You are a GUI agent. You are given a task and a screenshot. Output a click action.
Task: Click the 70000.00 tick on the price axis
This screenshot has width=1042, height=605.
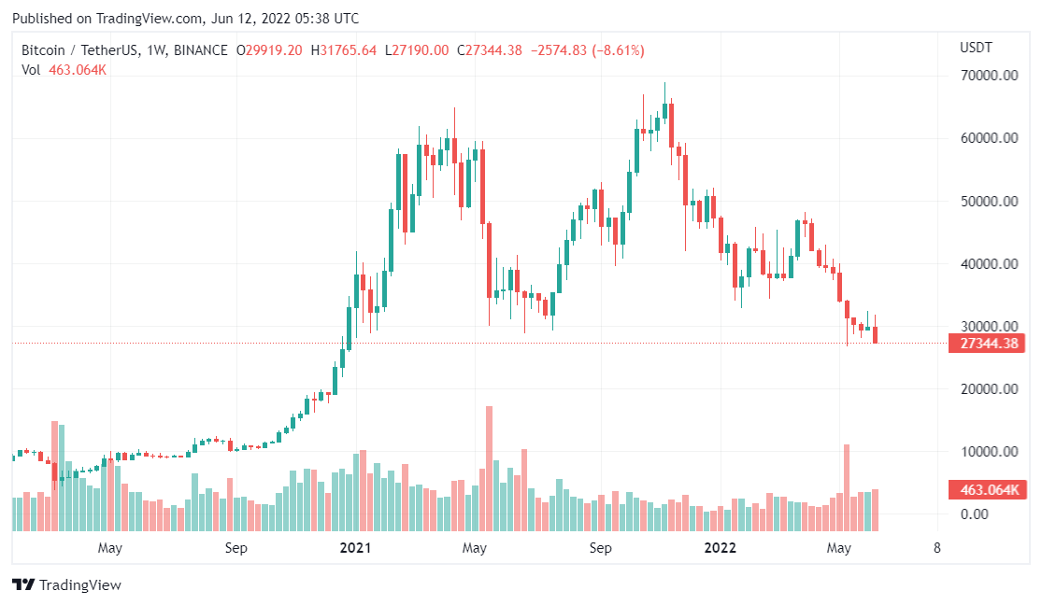click(989, 76)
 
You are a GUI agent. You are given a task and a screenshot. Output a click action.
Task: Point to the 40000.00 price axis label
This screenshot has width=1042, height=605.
click(989, 264)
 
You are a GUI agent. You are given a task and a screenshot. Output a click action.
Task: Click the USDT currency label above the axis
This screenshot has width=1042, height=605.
click(976, 48)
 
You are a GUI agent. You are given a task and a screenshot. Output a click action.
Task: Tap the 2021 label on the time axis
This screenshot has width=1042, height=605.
click(355, 548)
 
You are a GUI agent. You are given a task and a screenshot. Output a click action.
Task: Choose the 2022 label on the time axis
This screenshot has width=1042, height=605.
click(720, 548)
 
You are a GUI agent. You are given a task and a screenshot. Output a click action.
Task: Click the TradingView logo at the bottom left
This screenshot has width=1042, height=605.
click(67, 585)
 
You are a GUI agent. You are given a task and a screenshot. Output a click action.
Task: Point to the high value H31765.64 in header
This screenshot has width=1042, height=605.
click(344, 50)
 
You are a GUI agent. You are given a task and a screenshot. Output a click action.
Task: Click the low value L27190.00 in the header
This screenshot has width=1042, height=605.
click(420, 50)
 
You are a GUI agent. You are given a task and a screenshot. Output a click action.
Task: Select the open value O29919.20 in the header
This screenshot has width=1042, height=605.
click(268, 50)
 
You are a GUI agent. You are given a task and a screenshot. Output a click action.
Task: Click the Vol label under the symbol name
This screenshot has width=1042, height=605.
click(31, 70)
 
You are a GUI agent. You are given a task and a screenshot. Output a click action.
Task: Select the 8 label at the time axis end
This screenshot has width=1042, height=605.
click(936, 548)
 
